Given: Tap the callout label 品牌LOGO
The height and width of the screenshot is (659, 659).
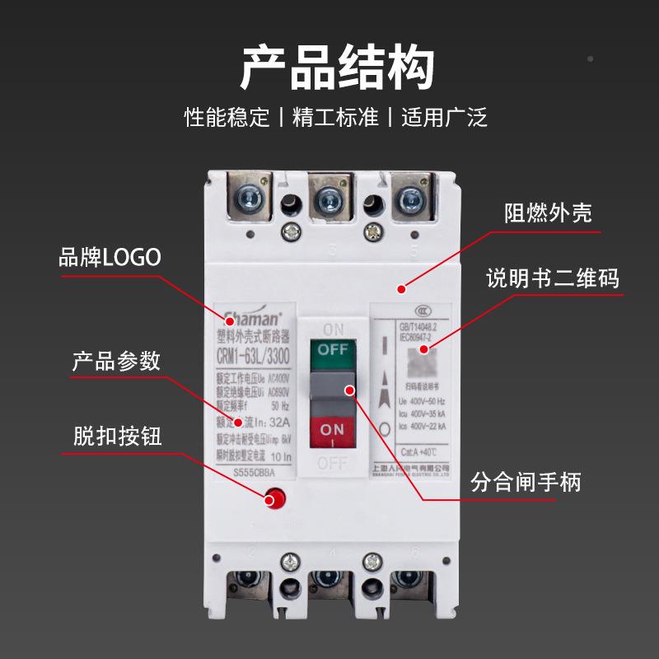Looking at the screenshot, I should (x=110, y=257).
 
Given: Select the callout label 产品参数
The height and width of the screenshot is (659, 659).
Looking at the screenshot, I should (x=116, y=361).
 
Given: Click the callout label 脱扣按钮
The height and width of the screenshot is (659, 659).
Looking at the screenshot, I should (x=117, y=436).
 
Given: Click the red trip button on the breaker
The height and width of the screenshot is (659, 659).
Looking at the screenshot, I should (x=273, y=498).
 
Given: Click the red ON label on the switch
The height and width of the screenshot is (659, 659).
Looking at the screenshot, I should (x=332, y=429).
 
